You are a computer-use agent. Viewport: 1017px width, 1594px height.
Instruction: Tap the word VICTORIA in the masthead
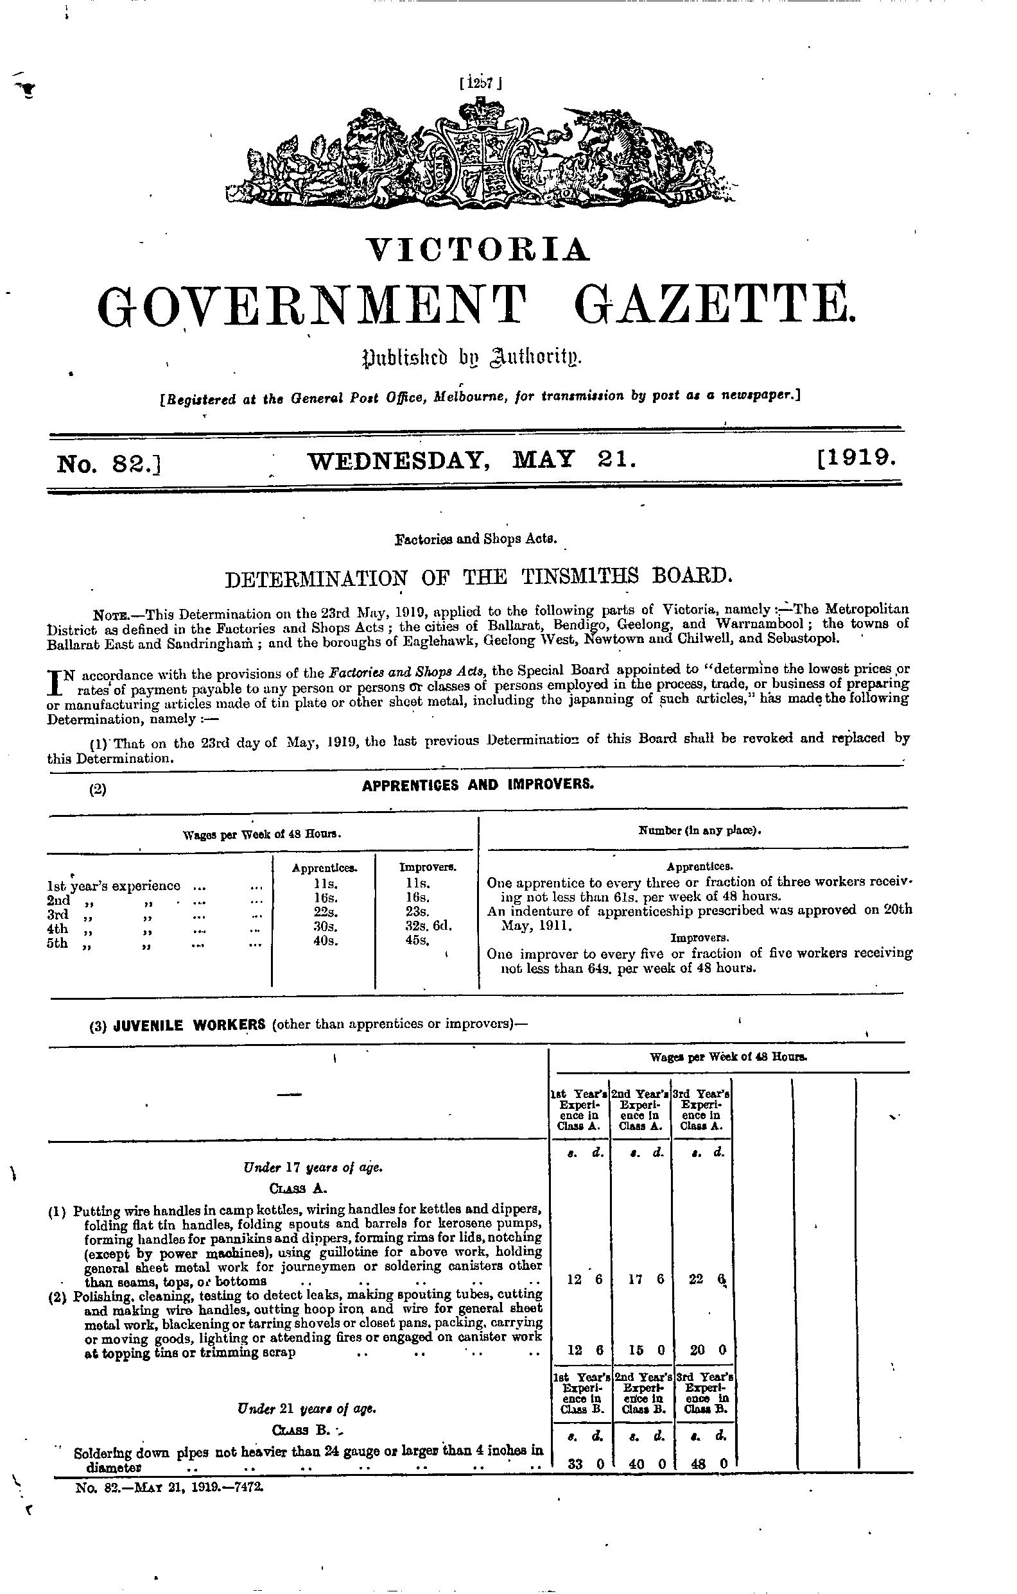478,250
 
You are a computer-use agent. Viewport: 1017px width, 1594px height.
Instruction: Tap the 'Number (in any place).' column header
699,830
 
